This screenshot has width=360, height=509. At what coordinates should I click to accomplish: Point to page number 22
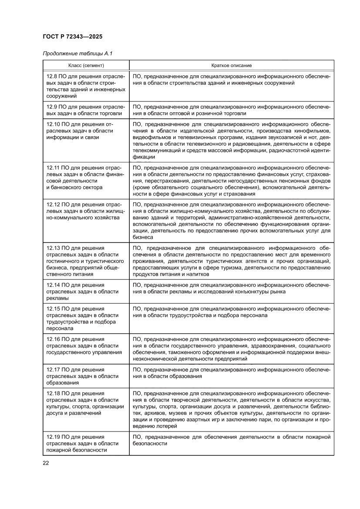click(x=45, y=463)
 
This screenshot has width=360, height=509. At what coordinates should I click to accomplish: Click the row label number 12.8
click(x=51, y=76)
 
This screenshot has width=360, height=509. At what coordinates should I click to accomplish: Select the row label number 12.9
click(x=51, y=106)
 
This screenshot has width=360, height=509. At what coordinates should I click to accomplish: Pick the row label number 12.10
click(x=53, y=124)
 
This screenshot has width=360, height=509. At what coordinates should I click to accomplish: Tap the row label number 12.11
click(x=53, y=167)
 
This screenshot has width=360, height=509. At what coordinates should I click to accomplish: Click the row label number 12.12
click(x=53, y=204)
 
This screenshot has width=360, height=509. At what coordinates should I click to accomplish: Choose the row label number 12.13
click(x=53, y=248)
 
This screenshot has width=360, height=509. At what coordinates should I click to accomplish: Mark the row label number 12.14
click(x=53, y=285)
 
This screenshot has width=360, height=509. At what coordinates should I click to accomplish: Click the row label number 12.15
click(x=53, y=309)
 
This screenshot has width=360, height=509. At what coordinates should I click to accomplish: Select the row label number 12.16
click(x=53, y=339)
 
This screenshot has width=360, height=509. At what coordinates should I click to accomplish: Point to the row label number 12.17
click(x=53, y=369)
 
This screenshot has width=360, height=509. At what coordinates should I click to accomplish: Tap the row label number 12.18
click(x=53, y=393)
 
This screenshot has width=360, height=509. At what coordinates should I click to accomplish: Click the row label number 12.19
click(x=53, y=436)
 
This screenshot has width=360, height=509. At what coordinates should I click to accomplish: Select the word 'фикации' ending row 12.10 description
click(x=142, y=157)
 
